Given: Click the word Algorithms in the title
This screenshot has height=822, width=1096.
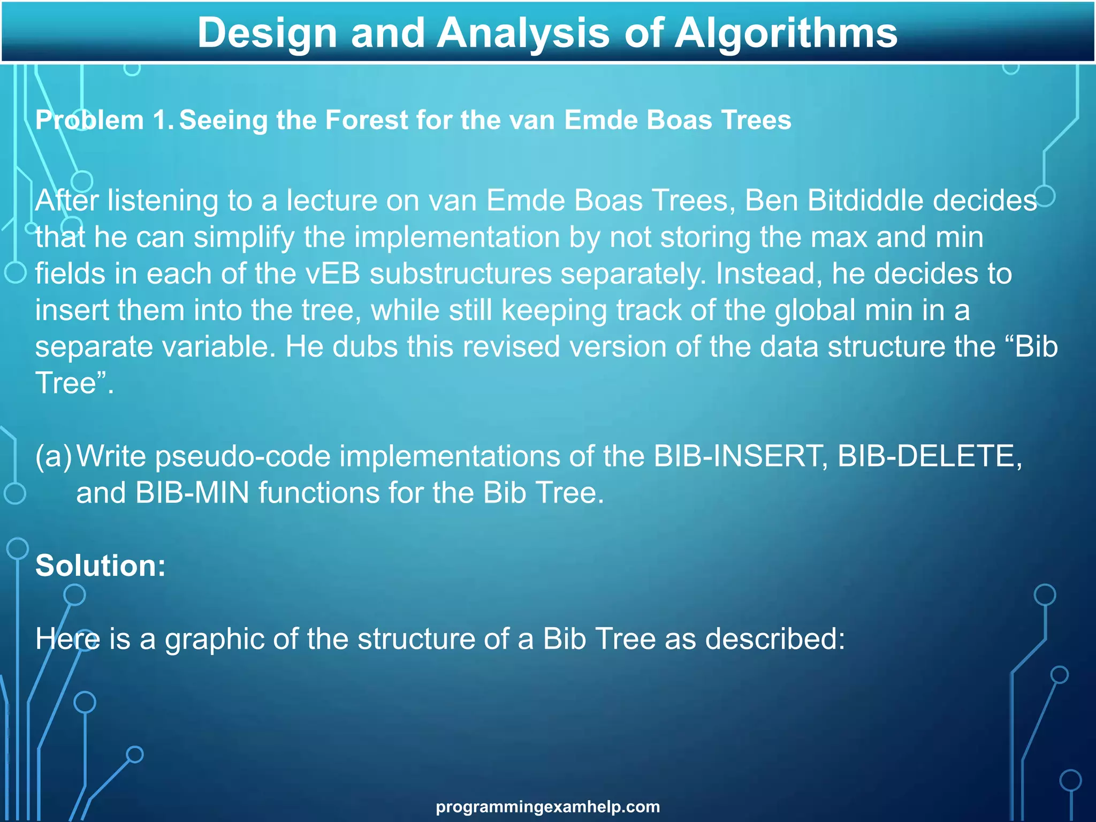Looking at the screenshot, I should point(786,33).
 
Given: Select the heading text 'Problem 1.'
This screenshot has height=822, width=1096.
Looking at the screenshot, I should point(104,120).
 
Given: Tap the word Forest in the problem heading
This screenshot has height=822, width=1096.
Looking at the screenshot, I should point(367,120).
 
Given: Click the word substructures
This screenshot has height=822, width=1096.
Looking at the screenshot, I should point(460,273).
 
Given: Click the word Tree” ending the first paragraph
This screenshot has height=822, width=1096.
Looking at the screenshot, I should point(74,383).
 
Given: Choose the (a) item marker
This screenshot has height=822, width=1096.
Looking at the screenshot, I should point(53,456).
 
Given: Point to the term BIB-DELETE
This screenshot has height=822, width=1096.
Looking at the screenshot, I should point(930,456).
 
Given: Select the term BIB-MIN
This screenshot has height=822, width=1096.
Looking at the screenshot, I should point(192,492).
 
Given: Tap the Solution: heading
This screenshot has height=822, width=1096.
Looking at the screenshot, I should point(101,565).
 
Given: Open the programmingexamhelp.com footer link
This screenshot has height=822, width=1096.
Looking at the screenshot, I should point(547,806).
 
